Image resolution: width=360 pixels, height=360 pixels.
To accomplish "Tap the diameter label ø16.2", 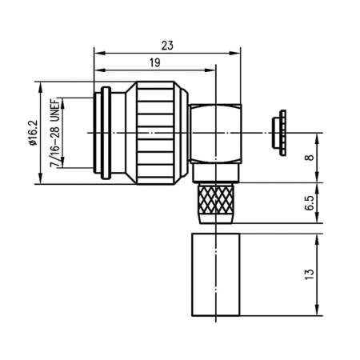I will click(x=32, y=132).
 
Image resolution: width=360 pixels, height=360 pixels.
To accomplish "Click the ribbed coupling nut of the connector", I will click(x=160, y=132).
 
